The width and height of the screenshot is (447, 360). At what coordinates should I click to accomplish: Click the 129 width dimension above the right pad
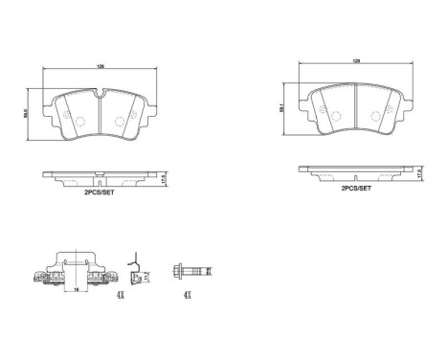(x=356, y=60)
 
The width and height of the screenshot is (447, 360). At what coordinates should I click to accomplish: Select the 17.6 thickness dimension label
(x=424, y=171)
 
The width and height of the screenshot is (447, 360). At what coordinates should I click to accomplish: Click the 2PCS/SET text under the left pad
(x=101, y=192)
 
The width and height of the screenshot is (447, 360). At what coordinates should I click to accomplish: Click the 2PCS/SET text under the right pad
(x=357, y=189)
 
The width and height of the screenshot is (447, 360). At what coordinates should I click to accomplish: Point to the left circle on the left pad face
(x=80, y=121)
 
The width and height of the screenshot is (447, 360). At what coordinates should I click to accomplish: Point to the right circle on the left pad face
(x=121, y=121)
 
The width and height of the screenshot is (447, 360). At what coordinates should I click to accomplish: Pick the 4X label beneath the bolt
(x=187, y=296)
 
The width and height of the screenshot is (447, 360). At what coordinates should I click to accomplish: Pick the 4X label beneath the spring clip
(x=122, y=296)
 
